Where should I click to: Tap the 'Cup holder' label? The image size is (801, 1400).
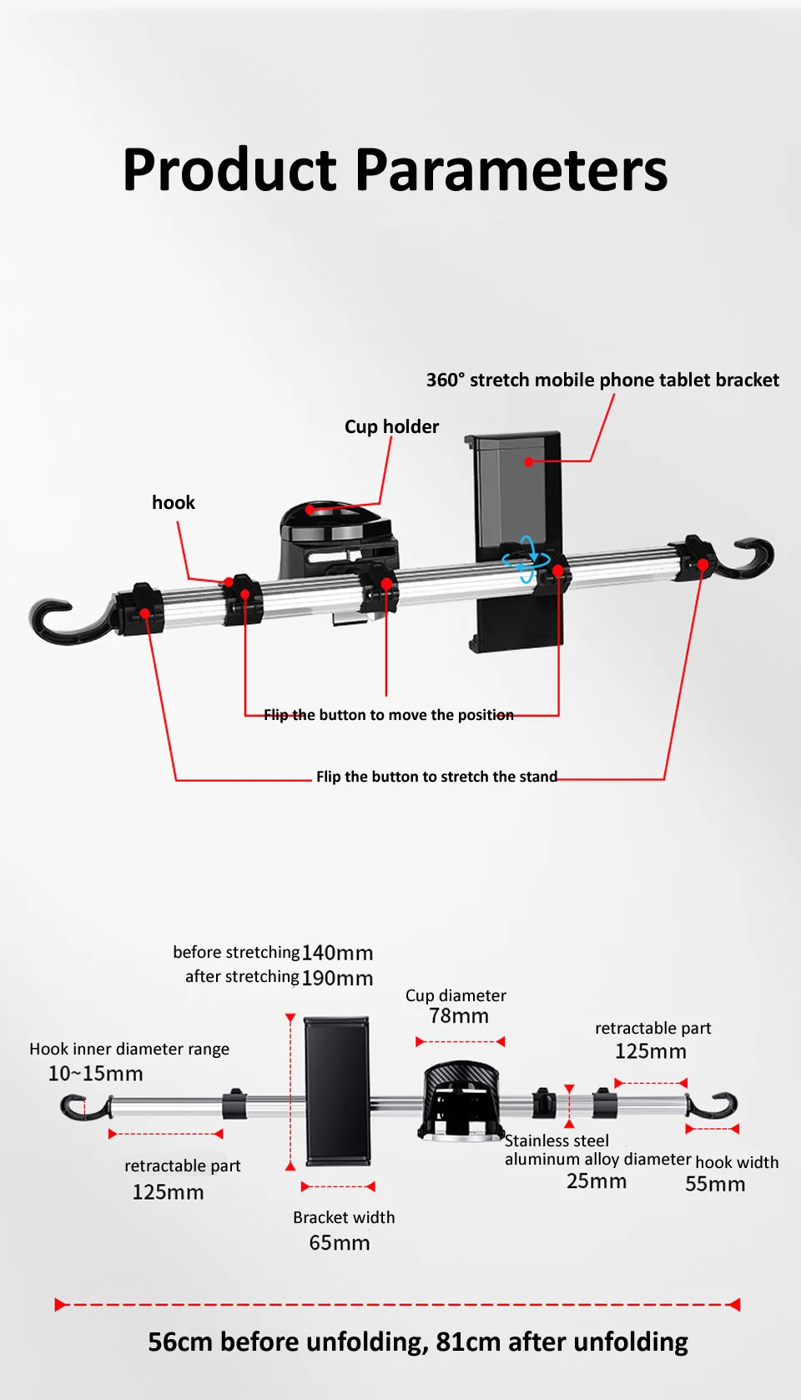pos(391,427)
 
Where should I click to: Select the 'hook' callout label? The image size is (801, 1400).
pos(174,502)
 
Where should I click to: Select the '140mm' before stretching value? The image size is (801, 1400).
pos(337,953)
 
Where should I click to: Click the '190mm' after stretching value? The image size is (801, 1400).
pos(337,978)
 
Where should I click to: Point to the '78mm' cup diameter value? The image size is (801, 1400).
pos(459,1016)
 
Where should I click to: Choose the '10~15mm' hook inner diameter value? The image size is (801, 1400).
pos(95,1074)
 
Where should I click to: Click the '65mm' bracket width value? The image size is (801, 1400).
pos(340,1243)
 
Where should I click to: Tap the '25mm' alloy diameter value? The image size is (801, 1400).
pos(597,1181)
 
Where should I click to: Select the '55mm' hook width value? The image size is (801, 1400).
pos(715,1185)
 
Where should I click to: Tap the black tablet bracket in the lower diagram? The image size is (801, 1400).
pos(337,1090)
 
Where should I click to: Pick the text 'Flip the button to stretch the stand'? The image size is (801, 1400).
pos(436,777)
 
